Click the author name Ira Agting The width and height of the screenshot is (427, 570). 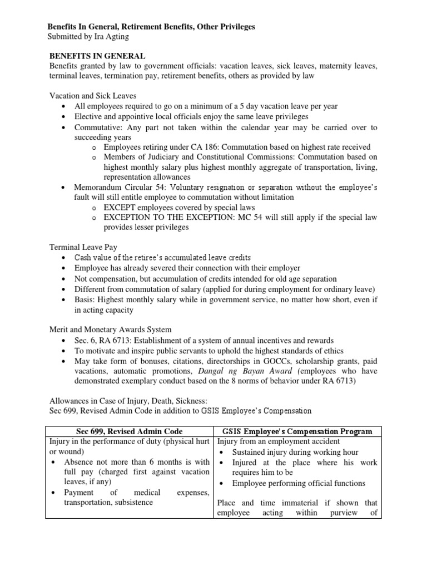(x=110, y=37)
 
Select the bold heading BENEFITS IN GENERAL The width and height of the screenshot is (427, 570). (x=98, y=56)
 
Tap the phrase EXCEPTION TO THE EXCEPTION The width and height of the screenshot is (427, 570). (x=163, y=218)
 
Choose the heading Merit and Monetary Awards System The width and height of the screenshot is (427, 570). (x=111, y=330)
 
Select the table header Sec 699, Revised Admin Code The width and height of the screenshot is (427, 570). (x=128, y=431)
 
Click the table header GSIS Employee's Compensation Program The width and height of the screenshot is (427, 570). (x=297, y=431)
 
